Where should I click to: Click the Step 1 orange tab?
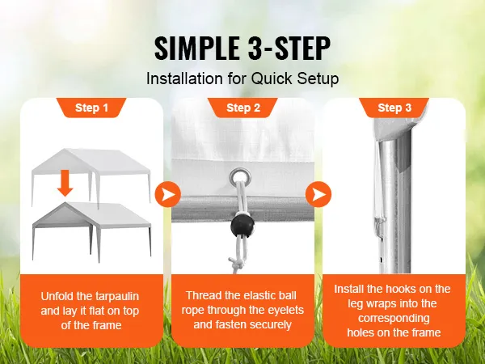(91, 108)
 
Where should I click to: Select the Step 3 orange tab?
(394, 108)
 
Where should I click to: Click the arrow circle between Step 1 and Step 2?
(167, 195)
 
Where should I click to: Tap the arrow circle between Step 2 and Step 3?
(317, 195)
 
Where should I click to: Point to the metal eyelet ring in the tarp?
(239, 174)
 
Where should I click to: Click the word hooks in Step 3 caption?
(408, 289)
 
